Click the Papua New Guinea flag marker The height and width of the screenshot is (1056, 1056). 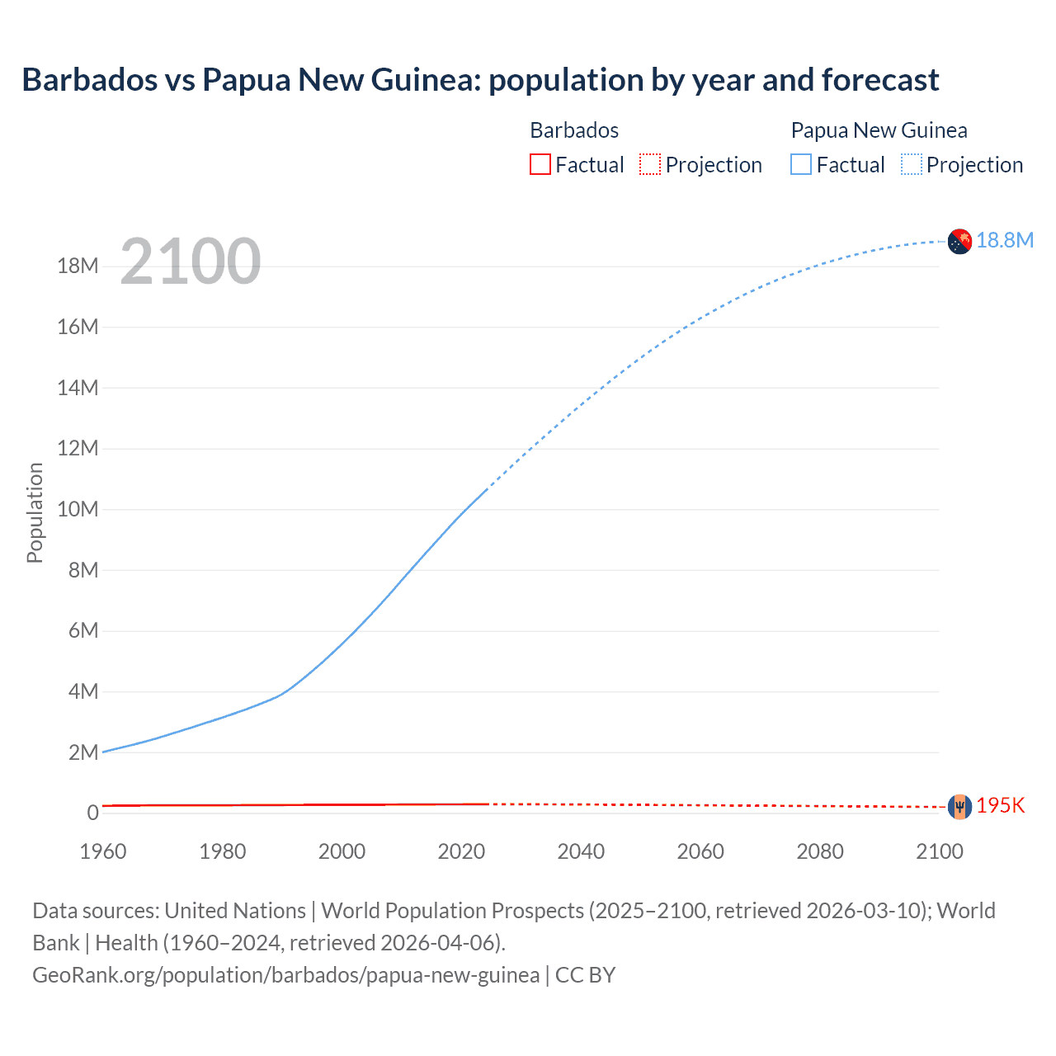[959, 241]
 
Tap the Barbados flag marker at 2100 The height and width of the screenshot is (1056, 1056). [959, 806]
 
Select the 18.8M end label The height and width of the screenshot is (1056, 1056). [1005, 240]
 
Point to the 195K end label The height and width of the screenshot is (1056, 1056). [1000, 806]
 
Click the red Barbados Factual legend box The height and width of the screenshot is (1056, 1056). [540, 164]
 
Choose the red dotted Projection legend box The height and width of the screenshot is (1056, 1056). [650, 164]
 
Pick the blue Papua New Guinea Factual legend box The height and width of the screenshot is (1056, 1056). [800, 164]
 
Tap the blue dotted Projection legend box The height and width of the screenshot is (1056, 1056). [911, 164]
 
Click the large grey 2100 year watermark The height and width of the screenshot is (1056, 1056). [191, 262]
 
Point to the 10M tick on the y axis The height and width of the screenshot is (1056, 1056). [78, 509]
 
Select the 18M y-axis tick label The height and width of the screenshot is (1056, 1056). [78, 266]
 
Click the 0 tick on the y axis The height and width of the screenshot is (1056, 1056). [92, 813]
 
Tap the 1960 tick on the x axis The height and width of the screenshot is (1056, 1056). [103, 851]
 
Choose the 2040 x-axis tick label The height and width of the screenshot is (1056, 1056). [581, 851]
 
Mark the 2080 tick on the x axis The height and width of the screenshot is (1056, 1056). [820, 851]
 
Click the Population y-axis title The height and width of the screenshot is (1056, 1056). [35, 512]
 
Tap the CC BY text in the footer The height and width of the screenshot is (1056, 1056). [585, 974]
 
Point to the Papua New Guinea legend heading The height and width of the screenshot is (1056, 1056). [879, 130]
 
